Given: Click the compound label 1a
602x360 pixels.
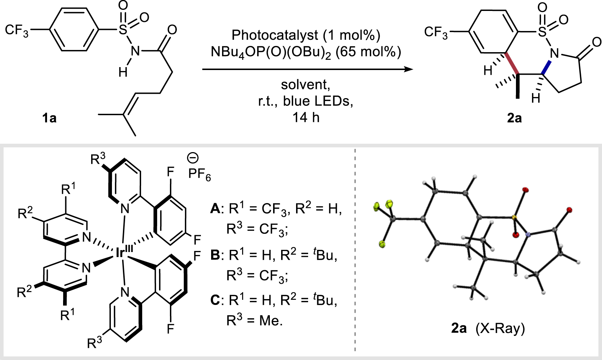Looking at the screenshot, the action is coord(49,118).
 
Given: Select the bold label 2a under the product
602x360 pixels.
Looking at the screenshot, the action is coord(514,118).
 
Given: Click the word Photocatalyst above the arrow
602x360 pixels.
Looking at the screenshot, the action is coord(275,35).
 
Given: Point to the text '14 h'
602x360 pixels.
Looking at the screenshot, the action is coord(306,117).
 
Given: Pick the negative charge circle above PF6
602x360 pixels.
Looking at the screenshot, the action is coord(193,158).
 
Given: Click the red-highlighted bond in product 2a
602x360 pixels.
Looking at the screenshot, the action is coord(512,64).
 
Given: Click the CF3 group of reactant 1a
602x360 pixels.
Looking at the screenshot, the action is coord(16,30).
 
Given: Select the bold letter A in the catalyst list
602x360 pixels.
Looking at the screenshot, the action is coord(215,209).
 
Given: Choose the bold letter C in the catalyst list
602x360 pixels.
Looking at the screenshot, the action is coord(215,300).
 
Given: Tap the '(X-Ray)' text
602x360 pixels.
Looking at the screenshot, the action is coord(500,329).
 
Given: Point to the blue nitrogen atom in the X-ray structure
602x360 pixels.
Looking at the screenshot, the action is coord(528,235).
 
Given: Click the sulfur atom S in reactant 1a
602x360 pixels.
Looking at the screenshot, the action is coord(124,31).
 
